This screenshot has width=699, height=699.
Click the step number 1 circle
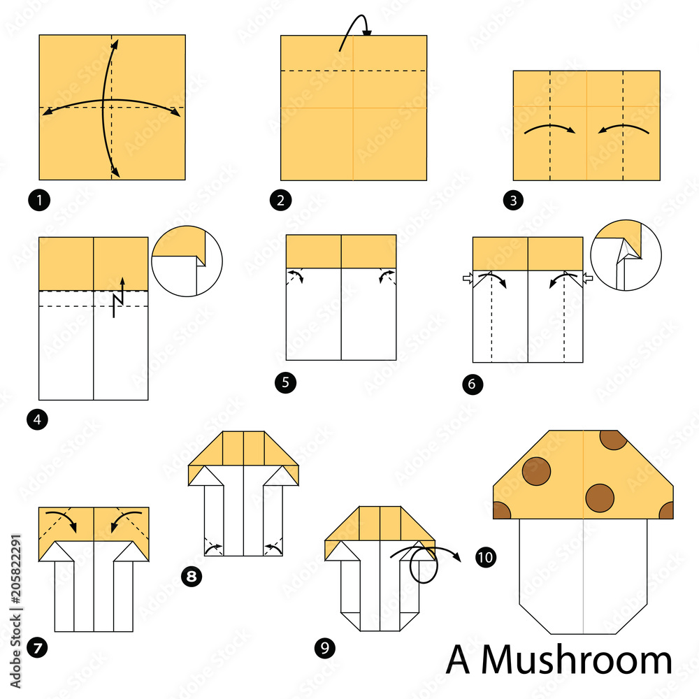(42, 201)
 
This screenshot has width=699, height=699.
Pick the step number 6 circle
(473, 384)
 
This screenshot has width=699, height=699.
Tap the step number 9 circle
(324, 648)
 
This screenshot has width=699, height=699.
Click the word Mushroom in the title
(576, 659)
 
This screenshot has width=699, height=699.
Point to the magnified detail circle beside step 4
(186, 261)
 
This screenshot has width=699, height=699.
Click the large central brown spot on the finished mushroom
(600, 498)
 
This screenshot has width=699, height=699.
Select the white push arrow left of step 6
(467, 279)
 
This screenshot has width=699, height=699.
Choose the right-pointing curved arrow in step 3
(549, 129)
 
